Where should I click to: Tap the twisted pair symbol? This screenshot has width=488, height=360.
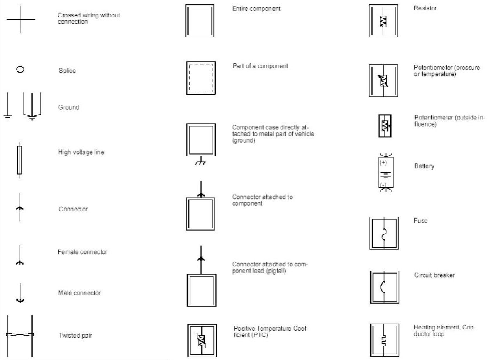(x=20, y=335)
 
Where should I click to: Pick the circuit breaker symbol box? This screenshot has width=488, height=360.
(x=384, y=287)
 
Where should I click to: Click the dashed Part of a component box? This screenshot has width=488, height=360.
(x=200, y=78)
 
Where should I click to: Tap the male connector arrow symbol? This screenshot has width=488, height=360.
(x=20, y=293)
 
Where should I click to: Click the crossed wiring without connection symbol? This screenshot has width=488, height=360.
(x=20, y=20)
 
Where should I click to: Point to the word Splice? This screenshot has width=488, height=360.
(x=67, y=71)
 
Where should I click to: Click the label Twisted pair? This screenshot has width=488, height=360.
(x=75, y=336)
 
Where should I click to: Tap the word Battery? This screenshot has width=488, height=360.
(x=424, y=166)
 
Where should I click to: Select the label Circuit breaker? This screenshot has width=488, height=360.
(x=434, y=275)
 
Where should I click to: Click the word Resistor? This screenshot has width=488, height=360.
(x=425, y=8)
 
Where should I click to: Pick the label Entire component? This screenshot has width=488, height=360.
(x=256, y=9)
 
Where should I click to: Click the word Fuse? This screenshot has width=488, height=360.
(x=420, y=221)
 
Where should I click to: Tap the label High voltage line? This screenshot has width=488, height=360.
(x=81, y=153)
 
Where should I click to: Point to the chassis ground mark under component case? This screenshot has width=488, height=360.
(x=200, y=163)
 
